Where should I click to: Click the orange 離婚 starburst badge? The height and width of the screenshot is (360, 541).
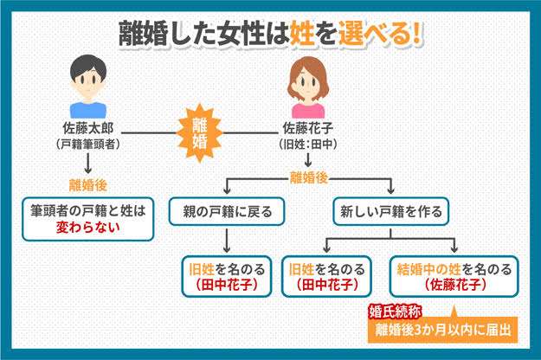(199, 133)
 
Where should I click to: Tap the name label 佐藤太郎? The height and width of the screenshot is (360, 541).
(88, 128)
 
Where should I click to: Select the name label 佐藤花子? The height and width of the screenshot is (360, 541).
(308, 128)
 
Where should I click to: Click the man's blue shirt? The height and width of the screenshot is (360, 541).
(88, 110)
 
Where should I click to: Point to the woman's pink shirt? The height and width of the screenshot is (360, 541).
(308, 111)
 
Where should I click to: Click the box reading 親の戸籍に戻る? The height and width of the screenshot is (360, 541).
(227, 211)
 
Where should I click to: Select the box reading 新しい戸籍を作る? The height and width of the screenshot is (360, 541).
(390, 211)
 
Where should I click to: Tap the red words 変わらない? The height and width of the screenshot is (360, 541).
(88, 228)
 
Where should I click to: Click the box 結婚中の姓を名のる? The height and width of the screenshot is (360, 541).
(454, 276)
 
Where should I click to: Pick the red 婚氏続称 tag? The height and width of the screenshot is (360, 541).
(395, 312)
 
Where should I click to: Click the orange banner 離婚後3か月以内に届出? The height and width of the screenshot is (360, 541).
(443, 330)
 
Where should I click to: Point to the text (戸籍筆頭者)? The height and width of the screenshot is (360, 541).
(88, 145)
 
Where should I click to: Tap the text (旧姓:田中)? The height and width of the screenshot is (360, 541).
(308, 145)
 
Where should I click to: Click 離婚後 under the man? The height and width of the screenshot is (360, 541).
(88, 185)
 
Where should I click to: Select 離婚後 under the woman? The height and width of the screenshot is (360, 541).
(308, 178)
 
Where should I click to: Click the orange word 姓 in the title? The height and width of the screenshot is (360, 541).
(302, 34)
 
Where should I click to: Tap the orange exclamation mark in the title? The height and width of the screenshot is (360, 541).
(417, 34)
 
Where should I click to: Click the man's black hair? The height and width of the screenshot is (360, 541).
(88, 66)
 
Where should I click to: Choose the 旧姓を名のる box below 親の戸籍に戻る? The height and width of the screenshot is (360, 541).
(227, 276)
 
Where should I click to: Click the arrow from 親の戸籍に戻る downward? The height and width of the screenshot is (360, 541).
(227, 241)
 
